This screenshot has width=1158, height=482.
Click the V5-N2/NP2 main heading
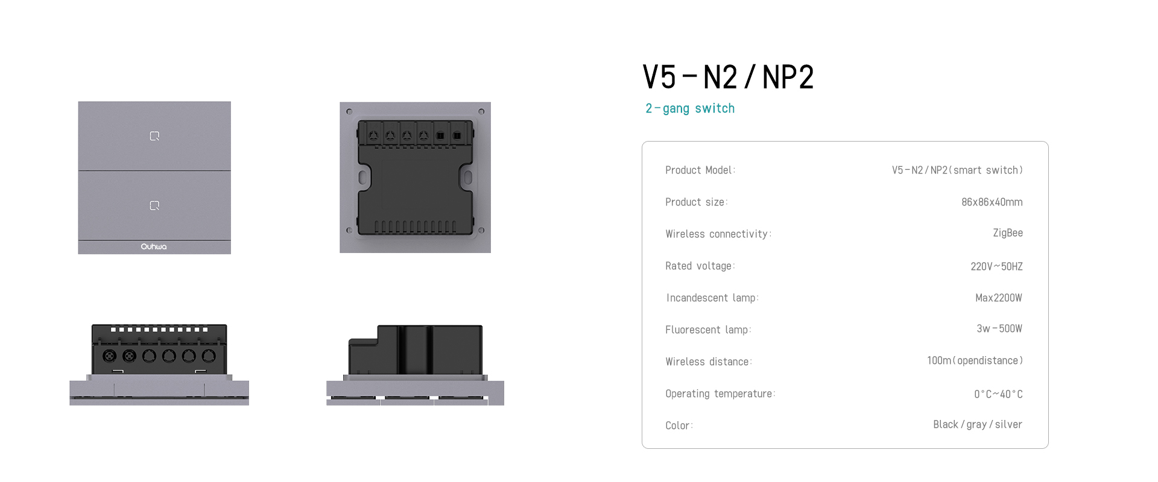click(728, 77)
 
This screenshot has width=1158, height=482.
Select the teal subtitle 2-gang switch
click(690, 108)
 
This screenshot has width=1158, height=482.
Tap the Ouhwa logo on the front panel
click(154, 246)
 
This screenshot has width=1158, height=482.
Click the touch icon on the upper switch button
click(154, 136)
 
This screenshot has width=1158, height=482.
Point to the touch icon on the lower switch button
click(154, 205)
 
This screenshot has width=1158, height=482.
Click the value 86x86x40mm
click(992, 202)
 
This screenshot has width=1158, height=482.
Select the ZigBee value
click(1008, 233)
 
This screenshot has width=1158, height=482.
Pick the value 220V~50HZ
click(996, 266)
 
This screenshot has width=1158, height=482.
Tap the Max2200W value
click(999, 298)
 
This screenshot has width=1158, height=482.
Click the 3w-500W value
click(999, 328)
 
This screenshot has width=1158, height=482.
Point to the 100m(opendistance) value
click(975, 360)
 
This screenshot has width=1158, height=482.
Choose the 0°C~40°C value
click(998, 394)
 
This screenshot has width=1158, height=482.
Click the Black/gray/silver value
click(978, 424)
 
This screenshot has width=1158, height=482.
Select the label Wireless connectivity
click(718, 234)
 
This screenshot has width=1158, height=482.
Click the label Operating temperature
click(720, 393)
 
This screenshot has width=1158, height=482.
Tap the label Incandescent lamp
click(712, 298)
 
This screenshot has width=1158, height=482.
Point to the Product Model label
click(700, 170)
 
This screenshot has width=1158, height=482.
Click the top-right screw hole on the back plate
click(481, 111)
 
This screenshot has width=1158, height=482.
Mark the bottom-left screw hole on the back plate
click(349, 230)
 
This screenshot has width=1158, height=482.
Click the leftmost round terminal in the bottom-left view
click(109, 356)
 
